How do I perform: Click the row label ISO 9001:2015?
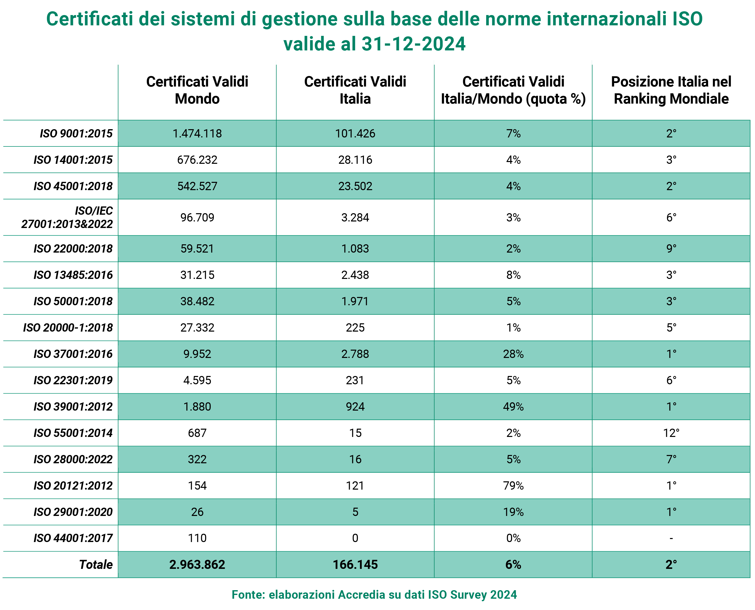click(76, 133)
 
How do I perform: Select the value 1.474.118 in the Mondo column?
click(197, 133)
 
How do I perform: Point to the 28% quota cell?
click(513, 354)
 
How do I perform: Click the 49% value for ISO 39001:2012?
click(513, 407)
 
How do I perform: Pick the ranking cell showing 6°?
click(671, 217)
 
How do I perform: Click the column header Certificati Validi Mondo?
click(197, 90)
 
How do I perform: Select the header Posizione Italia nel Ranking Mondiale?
click(671, 90)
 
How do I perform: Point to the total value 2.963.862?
click(197, 564)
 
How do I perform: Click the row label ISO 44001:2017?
click(73, 538)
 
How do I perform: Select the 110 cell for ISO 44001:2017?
click(197, 538)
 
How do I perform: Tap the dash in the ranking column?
click(671, 538)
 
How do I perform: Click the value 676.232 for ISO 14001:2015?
click(197, 160)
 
